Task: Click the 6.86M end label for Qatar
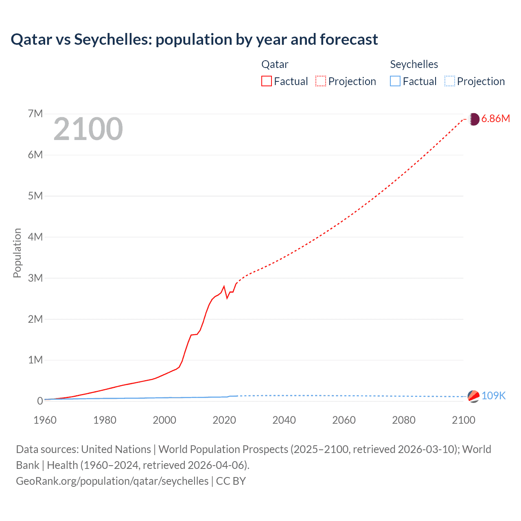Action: coord(495,118)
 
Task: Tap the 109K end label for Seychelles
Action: coord(493,396)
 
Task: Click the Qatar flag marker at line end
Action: coord(474,119)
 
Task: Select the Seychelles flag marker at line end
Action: coord(473,396)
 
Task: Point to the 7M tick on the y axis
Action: coord(35,114)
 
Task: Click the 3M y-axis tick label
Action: coord(35,278)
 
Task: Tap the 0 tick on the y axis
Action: coord(40,401)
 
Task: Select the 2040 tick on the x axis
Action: coord(284,420)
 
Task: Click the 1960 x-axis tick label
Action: coord(45,420)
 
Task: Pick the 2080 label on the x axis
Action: coord(404,420)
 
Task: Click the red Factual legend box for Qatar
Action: coord(267,81)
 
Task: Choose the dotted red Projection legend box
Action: coord(321,81)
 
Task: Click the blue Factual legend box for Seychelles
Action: coord(395,81)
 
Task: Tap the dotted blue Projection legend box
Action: coord(449,81)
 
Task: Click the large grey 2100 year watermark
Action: coord(88,129)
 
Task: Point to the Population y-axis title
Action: coord(17,253)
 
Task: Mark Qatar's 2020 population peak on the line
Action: coord(224,286)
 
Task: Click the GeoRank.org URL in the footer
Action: coord(112,481)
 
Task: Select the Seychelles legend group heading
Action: coord(414,64)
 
